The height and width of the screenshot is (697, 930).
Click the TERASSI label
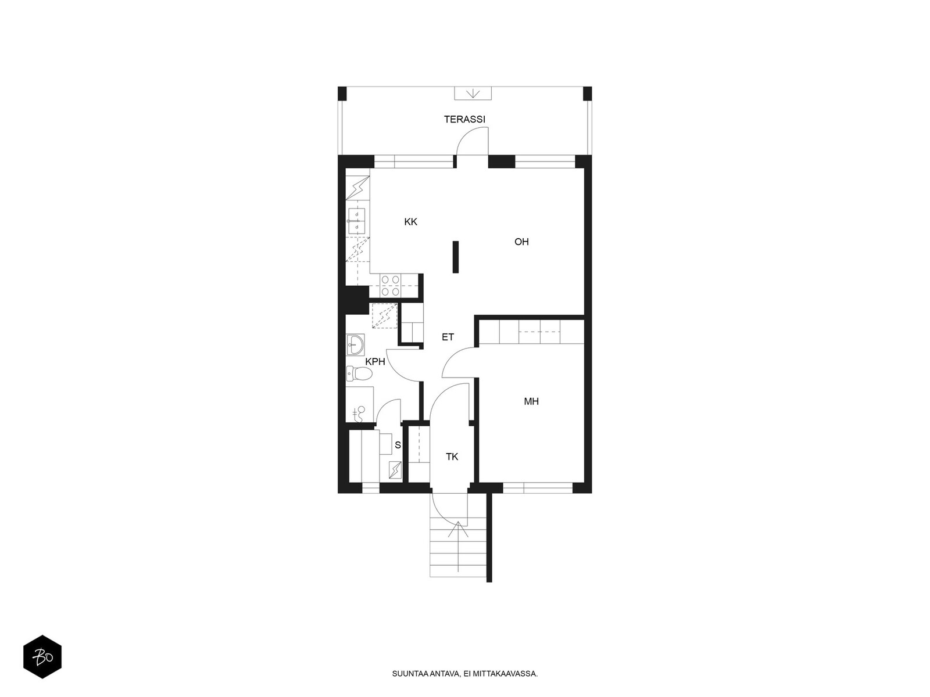464,119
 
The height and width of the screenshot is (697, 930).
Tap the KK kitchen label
410,222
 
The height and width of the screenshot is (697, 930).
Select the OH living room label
521,242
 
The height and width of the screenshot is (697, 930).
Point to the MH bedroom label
531,401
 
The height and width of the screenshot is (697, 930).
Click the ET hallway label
448,337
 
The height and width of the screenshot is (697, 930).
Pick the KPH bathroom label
375,361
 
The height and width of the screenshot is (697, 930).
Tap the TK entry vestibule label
452,457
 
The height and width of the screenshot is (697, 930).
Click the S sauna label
398,445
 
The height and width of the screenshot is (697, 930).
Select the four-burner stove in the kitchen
390,285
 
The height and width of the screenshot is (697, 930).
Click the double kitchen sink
357,221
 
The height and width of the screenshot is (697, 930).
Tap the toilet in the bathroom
359,373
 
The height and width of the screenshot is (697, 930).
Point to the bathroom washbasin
355,344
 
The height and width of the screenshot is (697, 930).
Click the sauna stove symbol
395,470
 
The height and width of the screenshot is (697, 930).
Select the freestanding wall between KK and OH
456,257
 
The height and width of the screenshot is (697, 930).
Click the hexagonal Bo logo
42,657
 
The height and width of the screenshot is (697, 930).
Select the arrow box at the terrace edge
473,93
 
